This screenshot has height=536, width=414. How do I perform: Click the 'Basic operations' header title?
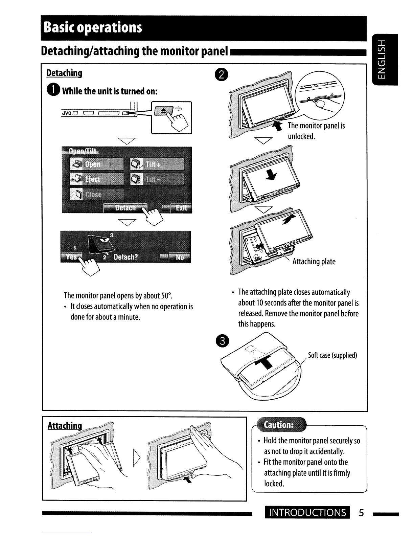[93, 27]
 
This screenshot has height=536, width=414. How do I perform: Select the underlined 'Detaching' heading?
[64, 73]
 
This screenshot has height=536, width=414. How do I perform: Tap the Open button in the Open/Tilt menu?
[97, 164]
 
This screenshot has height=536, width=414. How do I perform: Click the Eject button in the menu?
[97, 179]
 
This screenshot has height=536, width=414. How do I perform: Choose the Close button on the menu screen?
[97, 194]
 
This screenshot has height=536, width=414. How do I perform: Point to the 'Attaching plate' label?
[314, 262]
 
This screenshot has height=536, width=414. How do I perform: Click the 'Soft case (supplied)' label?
[332, 355]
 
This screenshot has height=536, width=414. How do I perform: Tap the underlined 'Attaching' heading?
[65, 425]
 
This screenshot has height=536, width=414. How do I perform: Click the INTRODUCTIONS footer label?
[307, 513]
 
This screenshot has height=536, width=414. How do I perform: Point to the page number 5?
[361, 513]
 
